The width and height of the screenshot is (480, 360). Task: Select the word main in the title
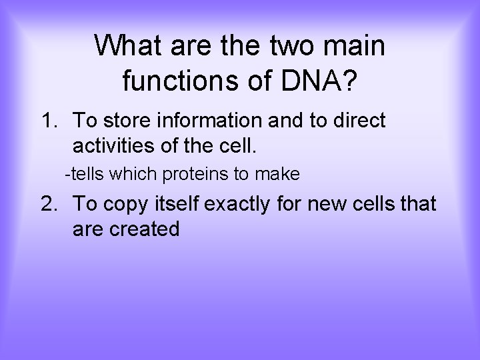tap(359, 47)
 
